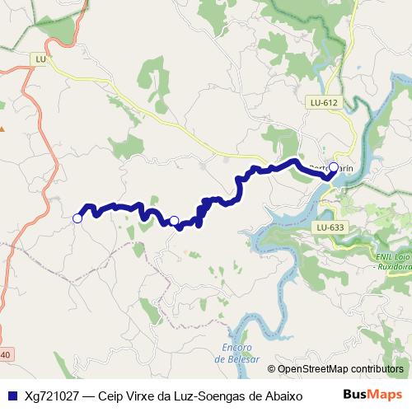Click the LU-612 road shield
pos(325,103)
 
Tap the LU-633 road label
pos(330,227)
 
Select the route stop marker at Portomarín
pos(334,167)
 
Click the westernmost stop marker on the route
pos(77,218)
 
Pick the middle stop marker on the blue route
pos(174,220)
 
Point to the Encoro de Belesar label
pos(236,353)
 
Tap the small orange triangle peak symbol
pos(2,129)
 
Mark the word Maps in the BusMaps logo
pos(388,395)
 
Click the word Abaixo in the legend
pos(283,396)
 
